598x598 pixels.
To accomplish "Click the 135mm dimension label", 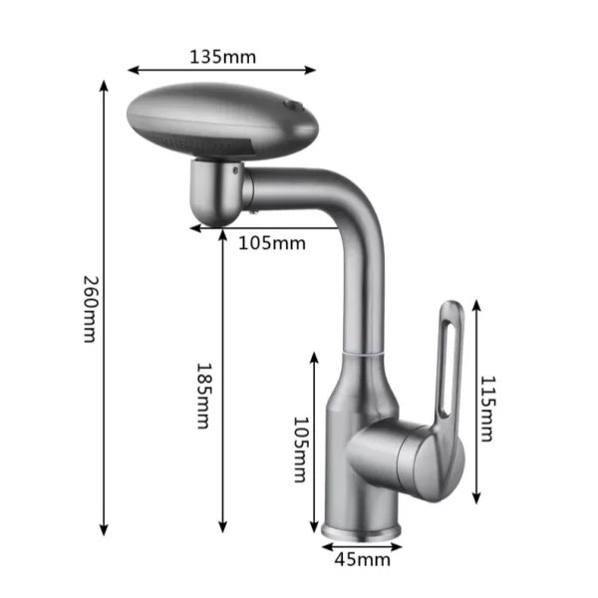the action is pos(222,57).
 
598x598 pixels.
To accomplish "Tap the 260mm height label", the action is pos(91,309).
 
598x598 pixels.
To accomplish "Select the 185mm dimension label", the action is pos(203,396).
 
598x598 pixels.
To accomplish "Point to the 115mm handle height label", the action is pos(487,409).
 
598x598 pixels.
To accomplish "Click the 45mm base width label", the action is pos(363,560).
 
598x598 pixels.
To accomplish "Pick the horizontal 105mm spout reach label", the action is pos(272,243).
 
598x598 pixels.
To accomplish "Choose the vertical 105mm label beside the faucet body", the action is pos(301,449).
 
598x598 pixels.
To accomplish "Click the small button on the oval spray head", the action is pos(293,105).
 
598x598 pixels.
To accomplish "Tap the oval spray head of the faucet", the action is pos(222,121).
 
